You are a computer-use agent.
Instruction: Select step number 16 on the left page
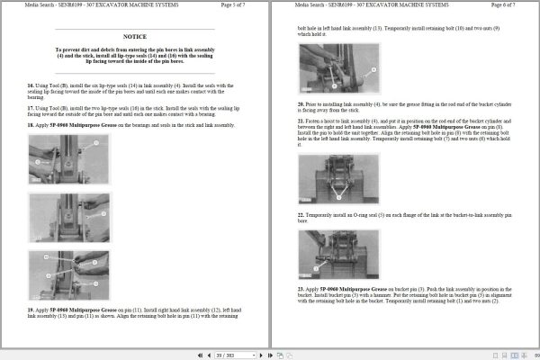point(31,85)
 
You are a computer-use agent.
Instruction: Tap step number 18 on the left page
point(31,125)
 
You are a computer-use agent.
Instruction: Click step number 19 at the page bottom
point(31,309)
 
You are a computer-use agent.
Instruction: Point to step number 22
point(301,215)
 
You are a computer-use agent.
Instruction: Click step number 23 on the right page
point(301,288)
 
